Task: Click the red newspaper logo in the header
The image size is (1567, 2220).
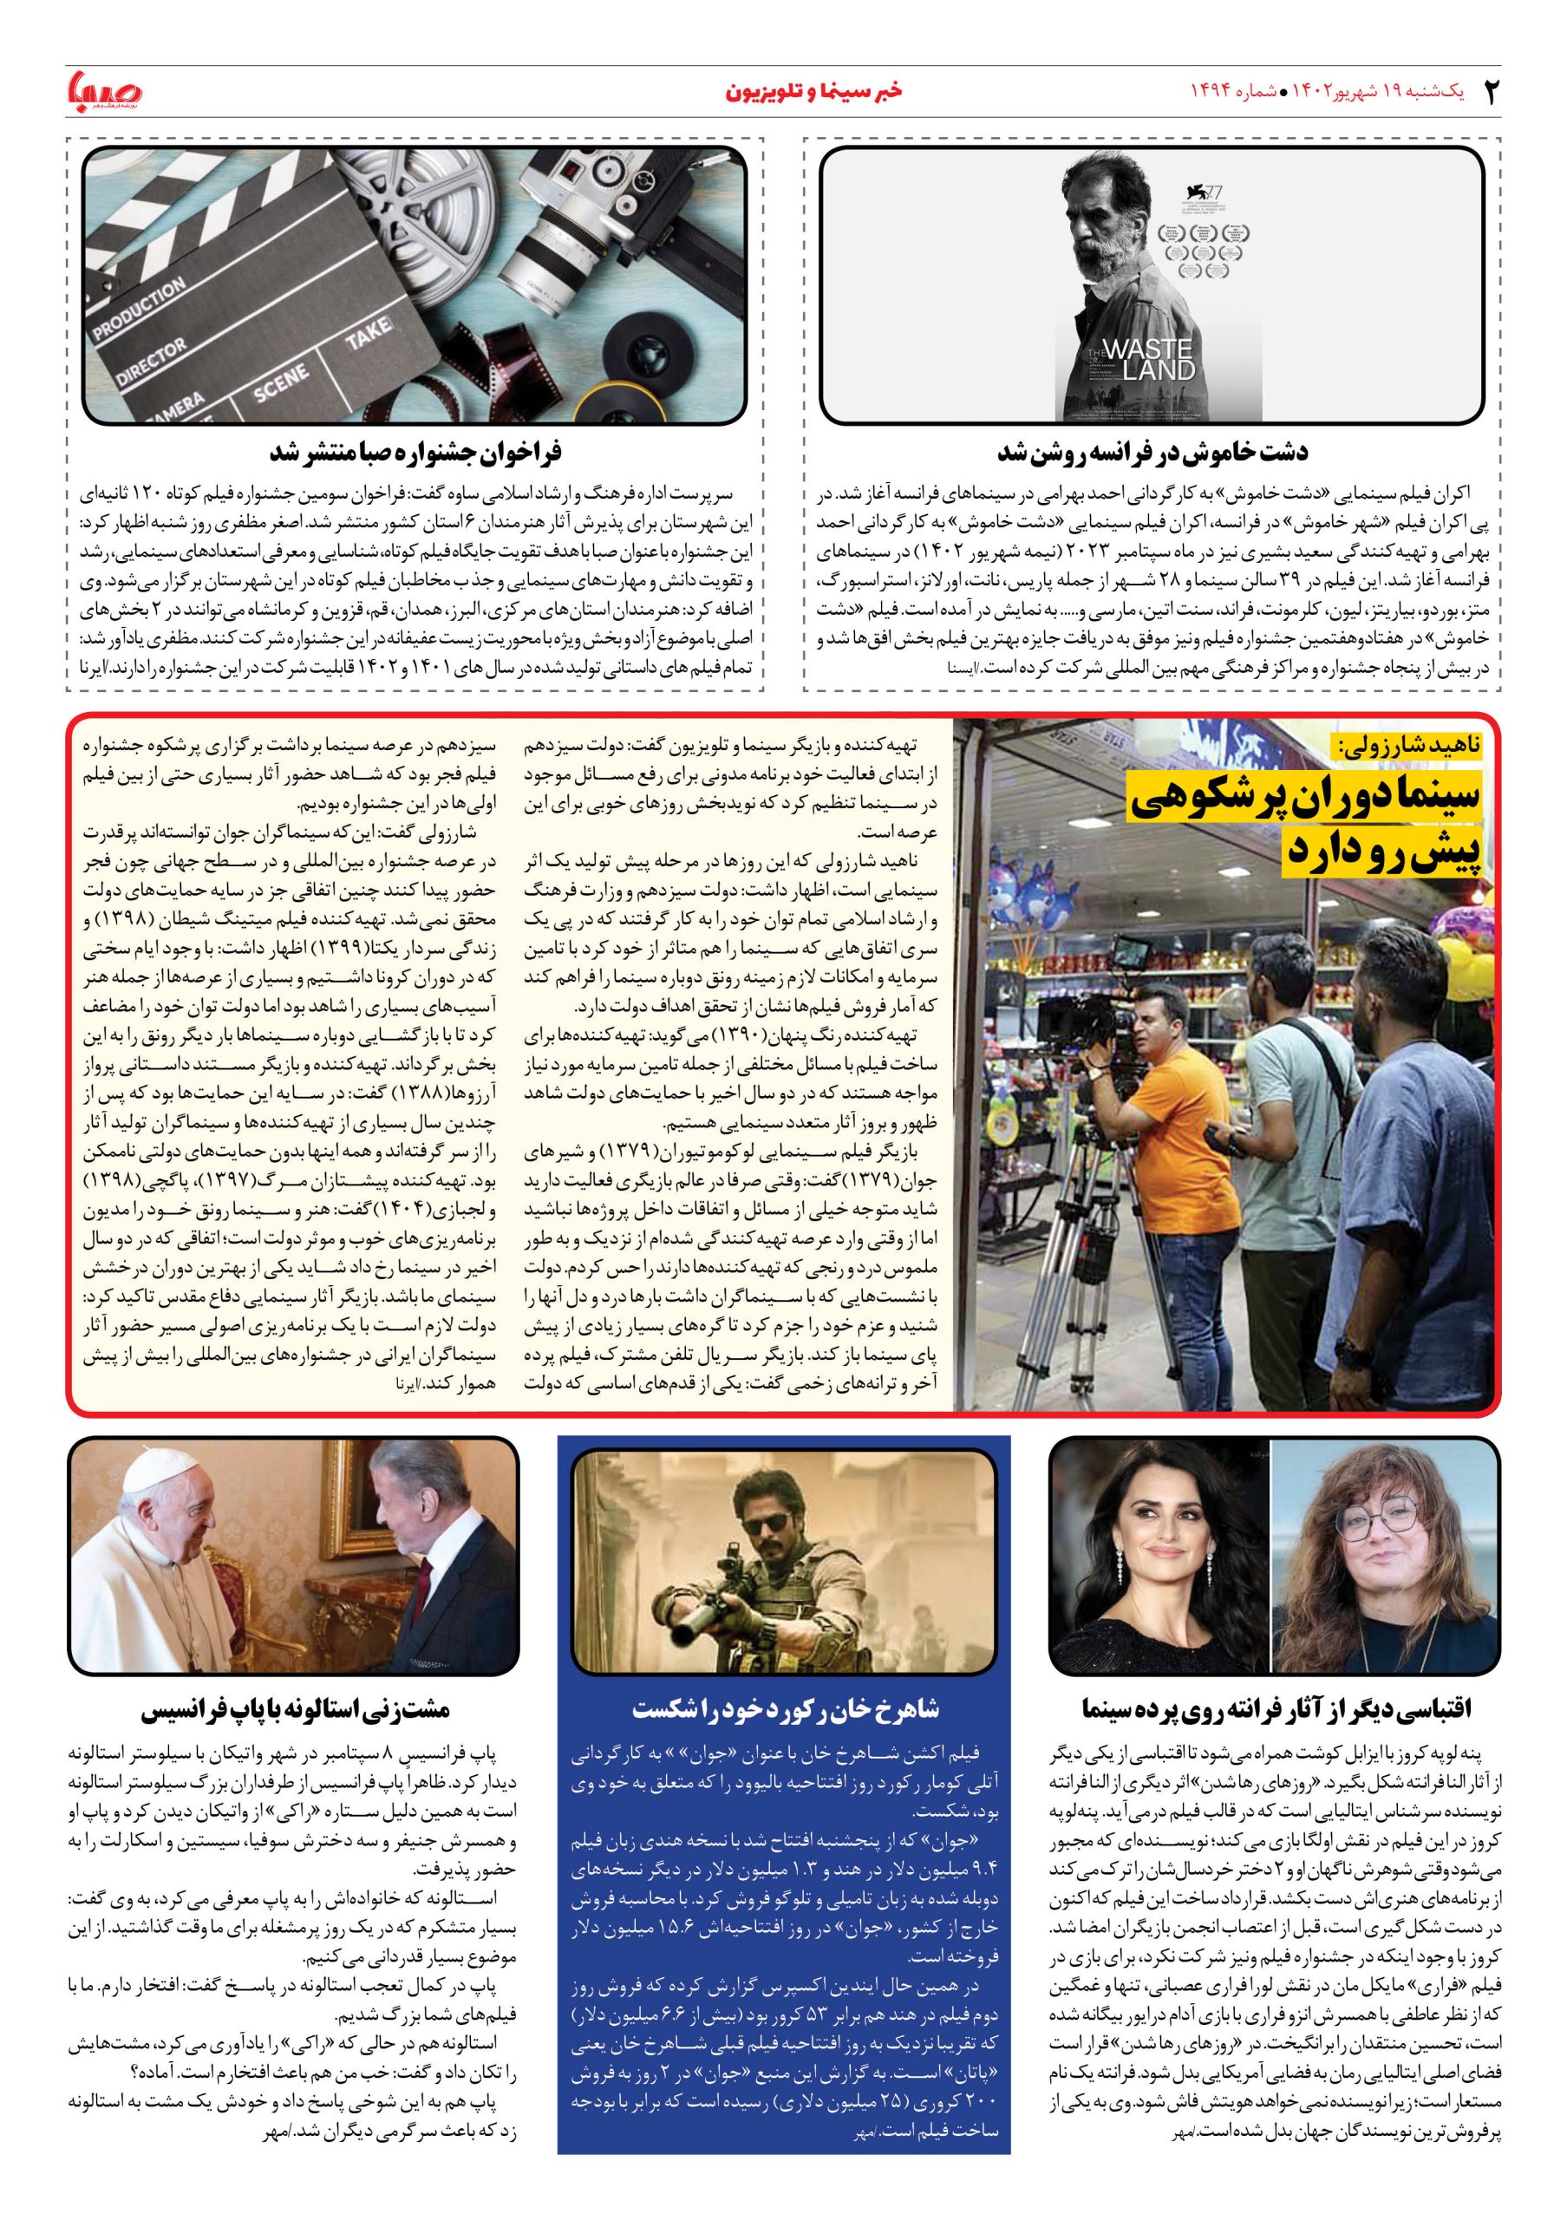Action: coord(104,92)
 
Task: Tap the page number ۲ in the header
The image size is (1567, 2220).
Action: coord(1493,93)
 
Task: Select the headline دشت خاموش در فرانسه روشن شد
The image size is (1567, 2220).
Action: coord(1152,452)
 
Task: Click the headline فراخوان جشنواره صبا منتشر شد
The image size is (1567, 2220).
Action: coord(415,452)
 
